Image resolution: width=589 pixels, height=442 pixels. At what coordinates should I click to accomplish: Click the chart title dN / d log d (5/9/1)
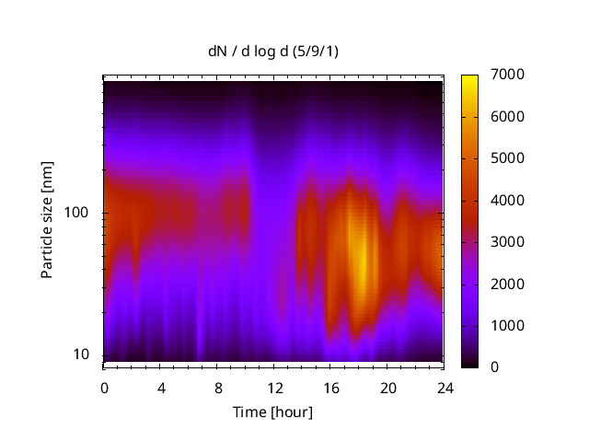pos(272,52)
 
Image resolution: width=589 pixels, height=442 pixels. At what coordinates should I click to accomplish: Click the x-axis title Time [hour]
pos(272,412)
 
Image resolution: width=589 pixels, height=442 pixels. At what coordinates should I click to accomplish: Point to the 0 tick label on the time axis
pos(104,387)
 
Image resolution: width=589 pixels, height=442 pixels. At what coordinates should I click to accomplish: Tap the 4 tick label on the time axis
pos(161,387)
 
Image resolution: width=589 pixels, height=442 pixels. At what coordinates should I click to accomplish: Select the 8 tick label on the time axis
pos(218,387)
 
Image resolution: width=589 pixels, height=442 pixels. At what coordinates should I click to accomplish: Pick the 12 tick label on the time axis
pos(274,387)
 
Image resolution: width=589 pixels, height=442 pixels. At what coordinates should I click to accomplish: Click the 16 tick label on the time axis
pos(331,387)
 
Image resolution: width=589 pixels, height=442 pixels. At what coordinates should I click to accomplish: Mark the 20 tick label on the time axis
pos(388,387)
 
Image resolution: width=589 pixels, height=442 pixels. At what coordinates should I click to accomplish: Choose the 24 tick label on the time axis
pos(445,387)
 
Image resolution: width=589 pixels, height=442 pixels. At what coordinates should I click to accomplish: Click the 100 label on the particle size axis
pos(76,213)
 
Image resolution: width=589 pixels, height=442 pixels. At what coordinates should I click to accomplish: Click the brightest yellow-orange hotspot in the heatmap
pos(362,262)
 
